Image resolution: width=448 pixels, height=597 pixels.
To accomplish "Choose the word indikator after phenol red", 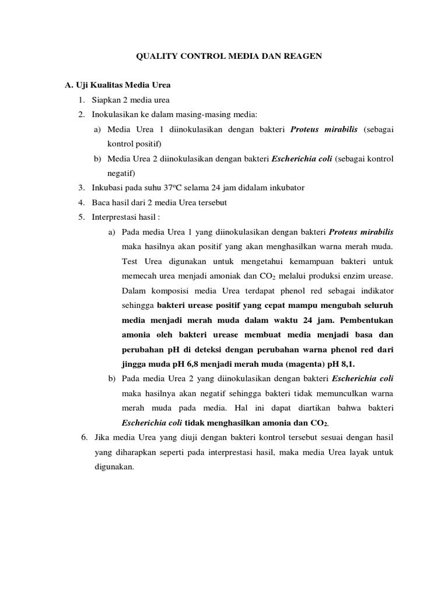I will pyautogui.click(x=373, y=290).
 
